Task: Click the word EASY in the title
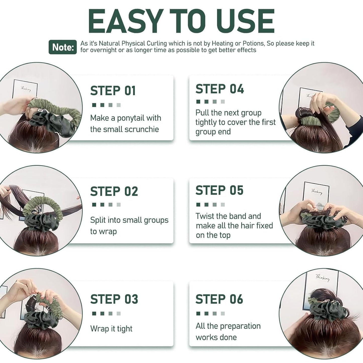tap(125, 21)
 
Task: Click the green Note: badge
tap(63, 47)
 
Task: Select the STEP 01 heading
tap(113, 91)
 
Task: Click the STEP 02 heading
tap(114, 191)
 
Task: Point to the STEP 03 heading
tap(114, 299)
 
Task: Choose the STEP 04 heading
tap(220, 89)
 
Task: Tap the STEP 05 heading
tap(220, 190)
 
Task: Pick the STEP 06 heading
tap(219, 299)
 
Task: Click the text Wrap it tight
tap(111, 329)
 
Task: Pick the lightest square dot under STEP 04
tap(223, 102)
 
